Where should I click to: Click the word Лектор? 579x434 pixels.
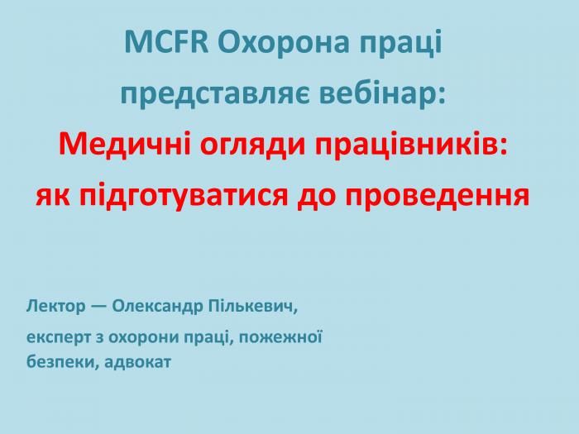(x=55, y=307)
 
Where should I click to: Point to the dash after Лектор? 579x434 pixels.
(x=99, y=307)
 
